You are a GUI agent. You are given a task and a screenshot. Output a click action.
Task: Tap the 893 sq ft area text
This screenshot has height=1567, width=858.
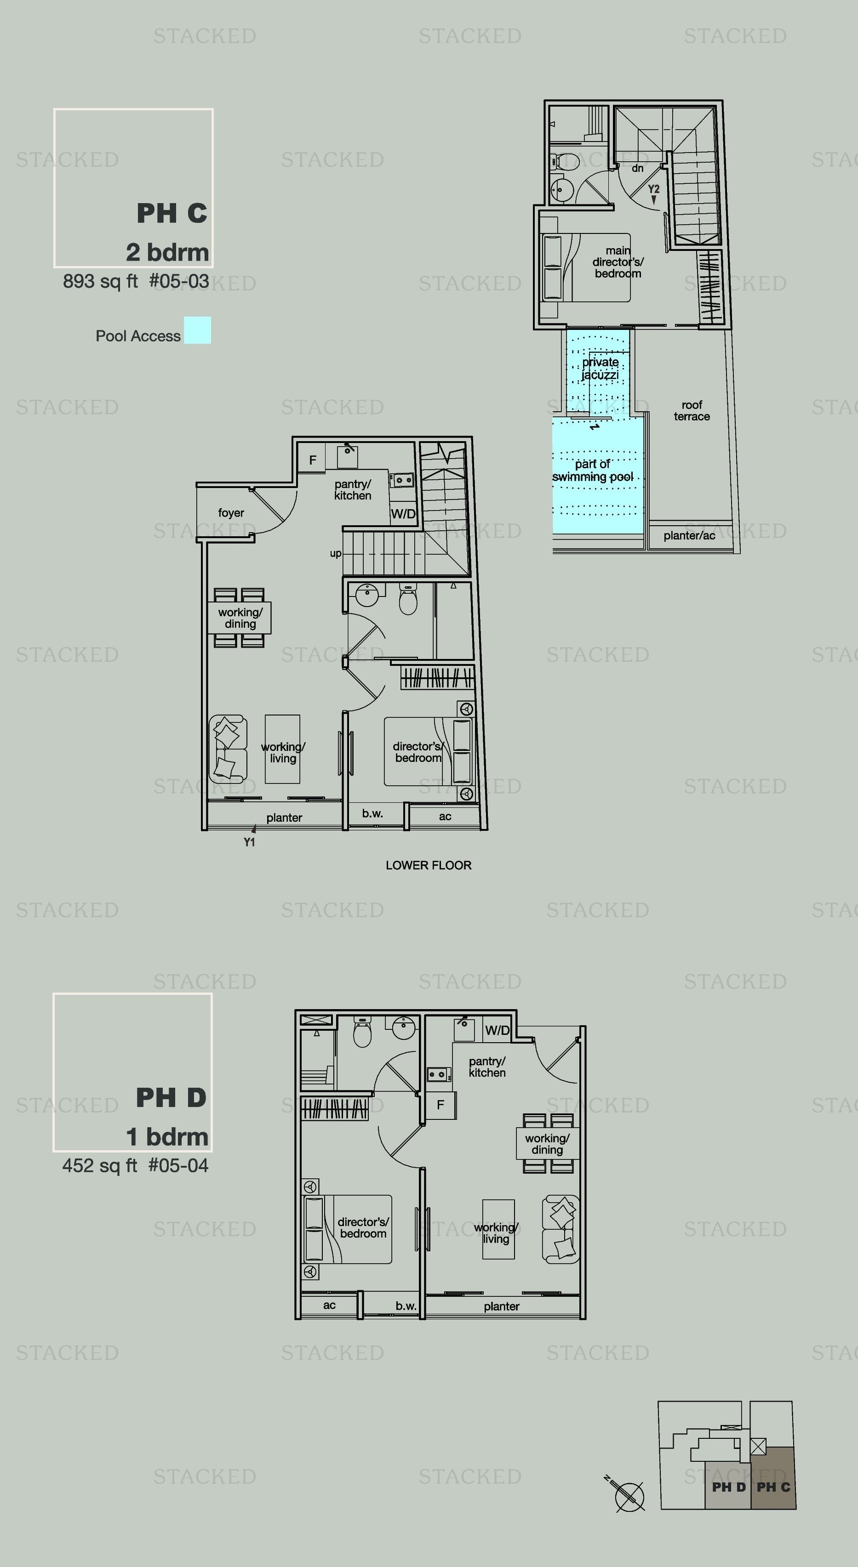pos(100,281)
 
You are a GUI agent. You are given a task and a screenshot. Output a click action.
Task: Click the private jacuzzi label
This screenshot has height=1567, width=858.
pos(600,368)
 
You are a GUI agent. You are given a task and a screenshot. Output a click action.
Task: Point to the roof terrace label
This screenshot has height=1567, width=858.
pos(692,411)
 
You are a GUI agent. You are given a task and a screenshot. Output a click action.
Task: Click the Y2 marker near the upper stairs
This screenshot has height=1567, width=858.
pos(653,189)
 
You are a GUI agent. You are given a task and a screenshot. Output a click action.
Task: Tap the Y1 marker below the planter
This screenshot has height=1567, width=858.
pos(250,842)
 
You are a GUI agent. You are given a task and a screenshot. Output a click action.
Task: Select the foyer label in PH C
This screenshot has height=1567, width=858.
pos(231,513)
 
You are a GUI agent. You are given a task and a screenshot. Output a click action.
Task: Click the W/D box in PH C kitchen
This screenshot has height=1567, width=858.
pos(403,513)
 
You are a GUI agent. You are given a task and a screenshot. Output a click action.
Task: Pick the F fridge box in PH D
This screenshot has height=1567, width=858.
pos(440,1105)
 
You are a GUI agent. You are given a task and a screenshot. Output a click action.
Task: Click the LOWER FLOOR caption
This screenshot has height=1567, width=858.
pos(429,865)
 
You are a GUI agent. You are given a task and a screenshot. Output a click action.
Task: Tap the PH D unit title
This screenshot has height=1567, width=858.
pos(171,1097)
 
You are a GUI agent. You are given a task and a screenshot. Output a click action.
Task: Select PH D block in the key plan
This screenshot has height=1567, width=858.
pos(728,1487)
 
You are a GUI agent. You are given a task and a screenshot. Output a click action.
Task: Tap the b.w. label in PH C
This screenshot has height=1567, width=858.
pos(372,813)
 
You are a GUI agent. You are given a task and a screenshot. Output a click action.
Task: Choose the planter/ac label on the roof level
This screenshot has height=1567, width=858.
pos(689,535)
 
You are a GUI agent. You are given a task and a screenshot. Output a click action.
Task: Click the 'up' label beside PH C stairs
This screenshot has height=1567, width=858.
pos(335,554)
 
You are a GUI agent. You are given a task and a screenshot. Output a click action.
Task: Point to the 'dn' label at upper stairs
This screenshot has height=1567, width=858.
pos(638,168)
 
